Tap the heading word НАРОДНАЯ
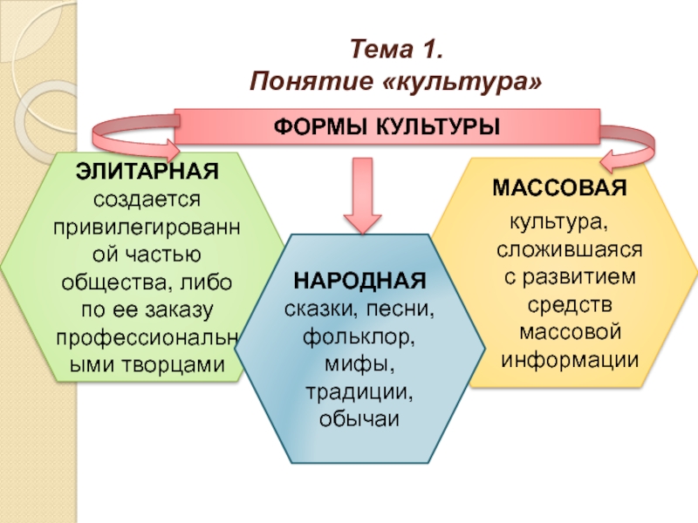point(359,282)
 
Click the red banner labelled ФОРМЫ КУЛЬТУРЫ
point(387,126)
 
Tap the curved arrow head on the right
point(619,158)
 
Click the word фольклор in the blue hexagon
point(359,334)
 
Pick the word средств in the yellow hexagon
point(570,305)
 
